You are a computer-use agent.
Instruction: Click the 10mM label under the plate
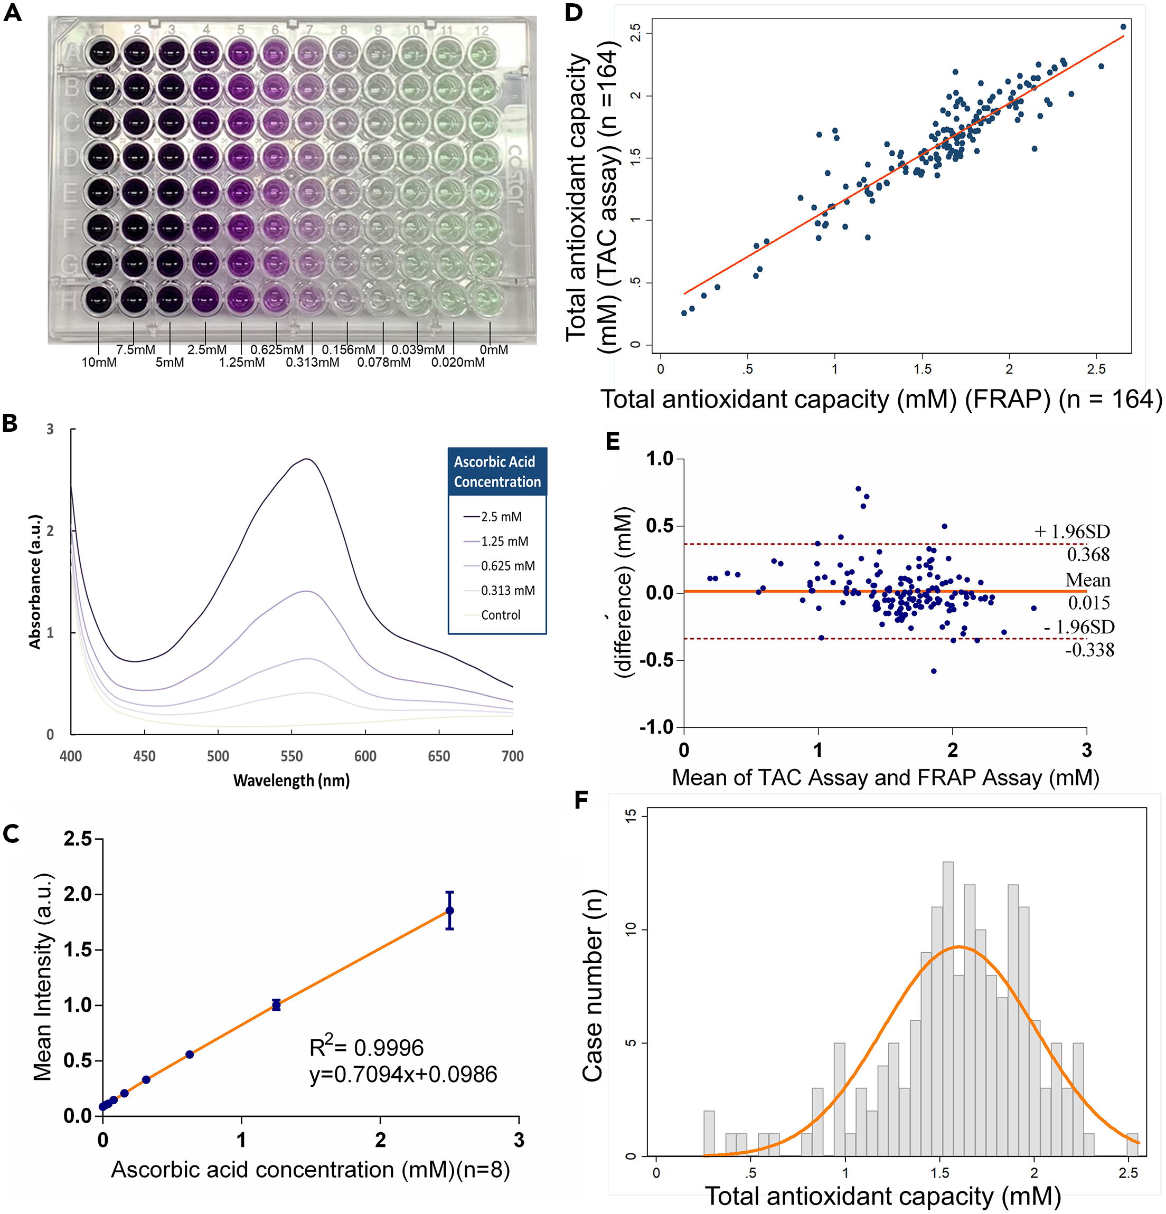click(99, 362)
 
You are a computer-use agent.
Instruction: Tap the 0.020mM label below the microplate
click(458, 362)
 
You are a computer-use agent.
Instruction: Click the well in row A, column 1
click(99, 53)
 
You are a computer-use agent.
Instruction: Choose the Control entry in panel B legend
click(500, 615)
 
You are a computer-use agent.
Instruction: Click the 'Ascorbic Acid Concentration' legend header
click(497, 471)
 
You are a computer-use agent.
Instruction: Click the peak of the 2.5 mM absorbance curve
click(307, 459)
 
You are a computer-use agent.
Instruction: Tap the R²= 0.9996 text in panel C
click(366, 1047)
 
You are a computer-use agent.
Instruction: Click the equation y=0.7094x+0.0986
click(403, 1074)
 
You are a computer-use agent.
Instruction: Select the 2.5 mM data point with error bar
click(450, 911)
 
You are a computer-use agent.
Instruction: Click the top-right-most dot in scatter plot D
click(1123, 26)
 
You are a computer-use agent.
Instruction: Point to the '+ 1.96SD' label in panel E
click(1072, 532)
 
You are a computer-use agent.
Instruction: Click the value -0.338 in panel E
click(1089, 650)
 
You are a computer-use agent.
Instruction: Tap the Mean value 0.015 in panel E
click(1088, 602)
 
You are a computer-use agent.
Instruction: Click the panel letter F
click(580, 800)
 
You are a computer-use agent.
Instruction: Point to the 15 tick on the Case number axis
click(631, 817)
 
